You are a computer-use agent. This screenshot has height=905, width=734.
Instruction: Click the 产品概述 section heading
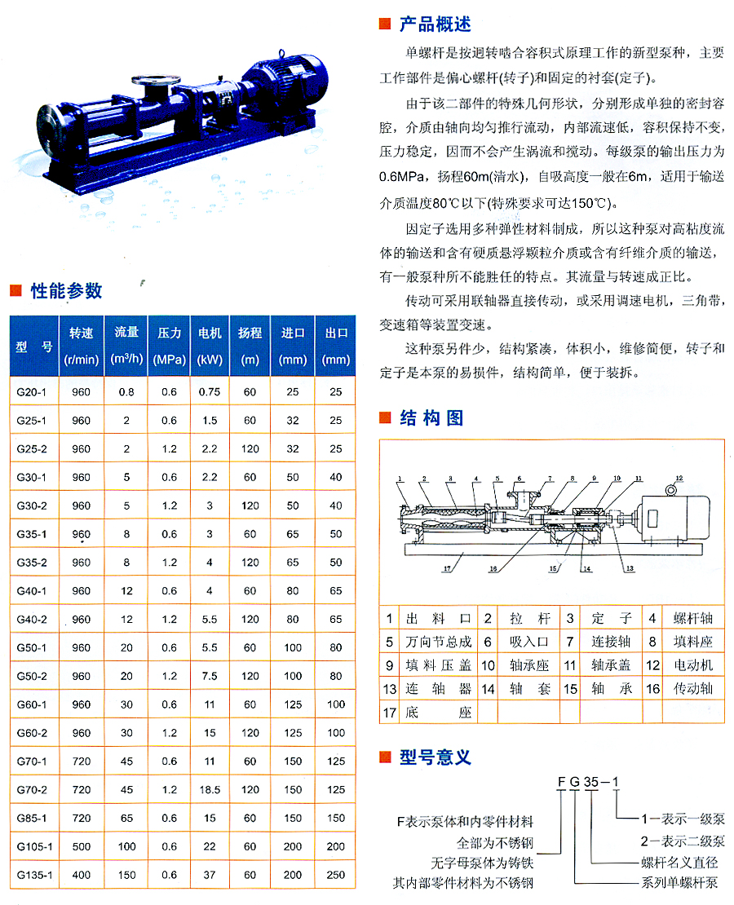[435, 24]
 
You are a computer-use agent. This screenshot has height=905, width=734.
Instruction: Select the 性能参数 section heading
[66, 290]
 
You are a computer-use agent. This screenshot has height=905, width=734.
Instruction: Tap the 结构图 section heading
[431, 418]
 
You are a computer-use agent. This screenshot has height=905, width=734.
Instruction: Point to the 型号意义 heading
[435, 757]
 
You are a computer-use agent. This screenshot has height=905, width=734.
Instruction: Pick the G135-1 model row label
[33, 875]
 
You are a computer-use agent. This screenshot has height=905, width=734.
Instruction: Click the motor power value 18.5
[210, 789]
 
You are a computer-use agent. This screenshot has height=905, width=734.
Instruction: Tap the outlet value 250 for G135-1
[335, 875]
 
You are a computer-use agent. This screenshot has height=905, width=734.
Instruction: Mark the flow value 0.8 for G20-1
[126, 391]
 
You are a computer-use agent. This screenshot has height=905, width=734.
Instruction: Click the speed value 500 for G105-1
[81, 846]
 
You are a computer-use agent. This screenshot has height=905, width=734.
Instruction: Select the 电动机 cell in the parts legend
[692, 665]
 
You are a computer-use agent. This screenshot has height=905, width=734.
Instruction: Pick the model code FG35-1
[589, 784]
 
